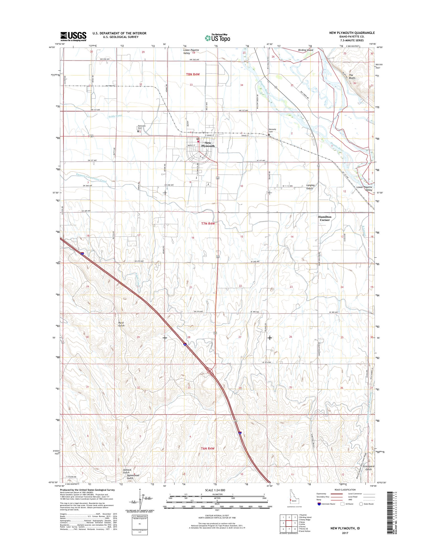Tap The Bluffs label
pos(353,77)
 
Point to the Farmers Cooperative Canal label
pos(91,177)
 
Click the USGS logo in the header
pos(73,36)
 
